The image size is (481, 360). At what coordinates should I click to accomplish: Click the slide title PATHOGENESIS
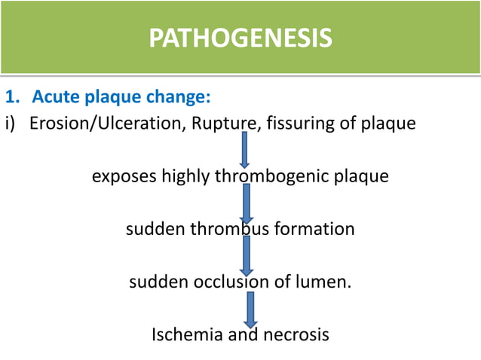(240, 38)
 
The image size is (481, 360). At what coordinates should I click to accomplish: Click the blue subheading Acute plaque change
(120, 98)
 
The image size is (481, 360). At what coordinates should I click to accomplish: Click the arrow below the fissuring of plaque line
(245, 149)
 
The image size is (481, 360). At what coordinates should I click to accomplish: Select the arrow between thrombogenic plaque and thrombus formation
(245, 202)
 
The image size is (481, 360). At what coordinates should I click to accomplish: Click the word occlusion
(237, 282)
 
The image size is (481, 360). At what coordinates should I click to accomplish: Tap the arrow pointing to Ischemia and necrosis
(250, 308)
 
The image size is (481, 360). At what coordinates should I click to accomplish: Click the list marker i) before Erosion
(12, 124)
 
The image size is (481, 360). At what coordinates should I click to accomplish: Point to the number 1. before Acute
(12, 98)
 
